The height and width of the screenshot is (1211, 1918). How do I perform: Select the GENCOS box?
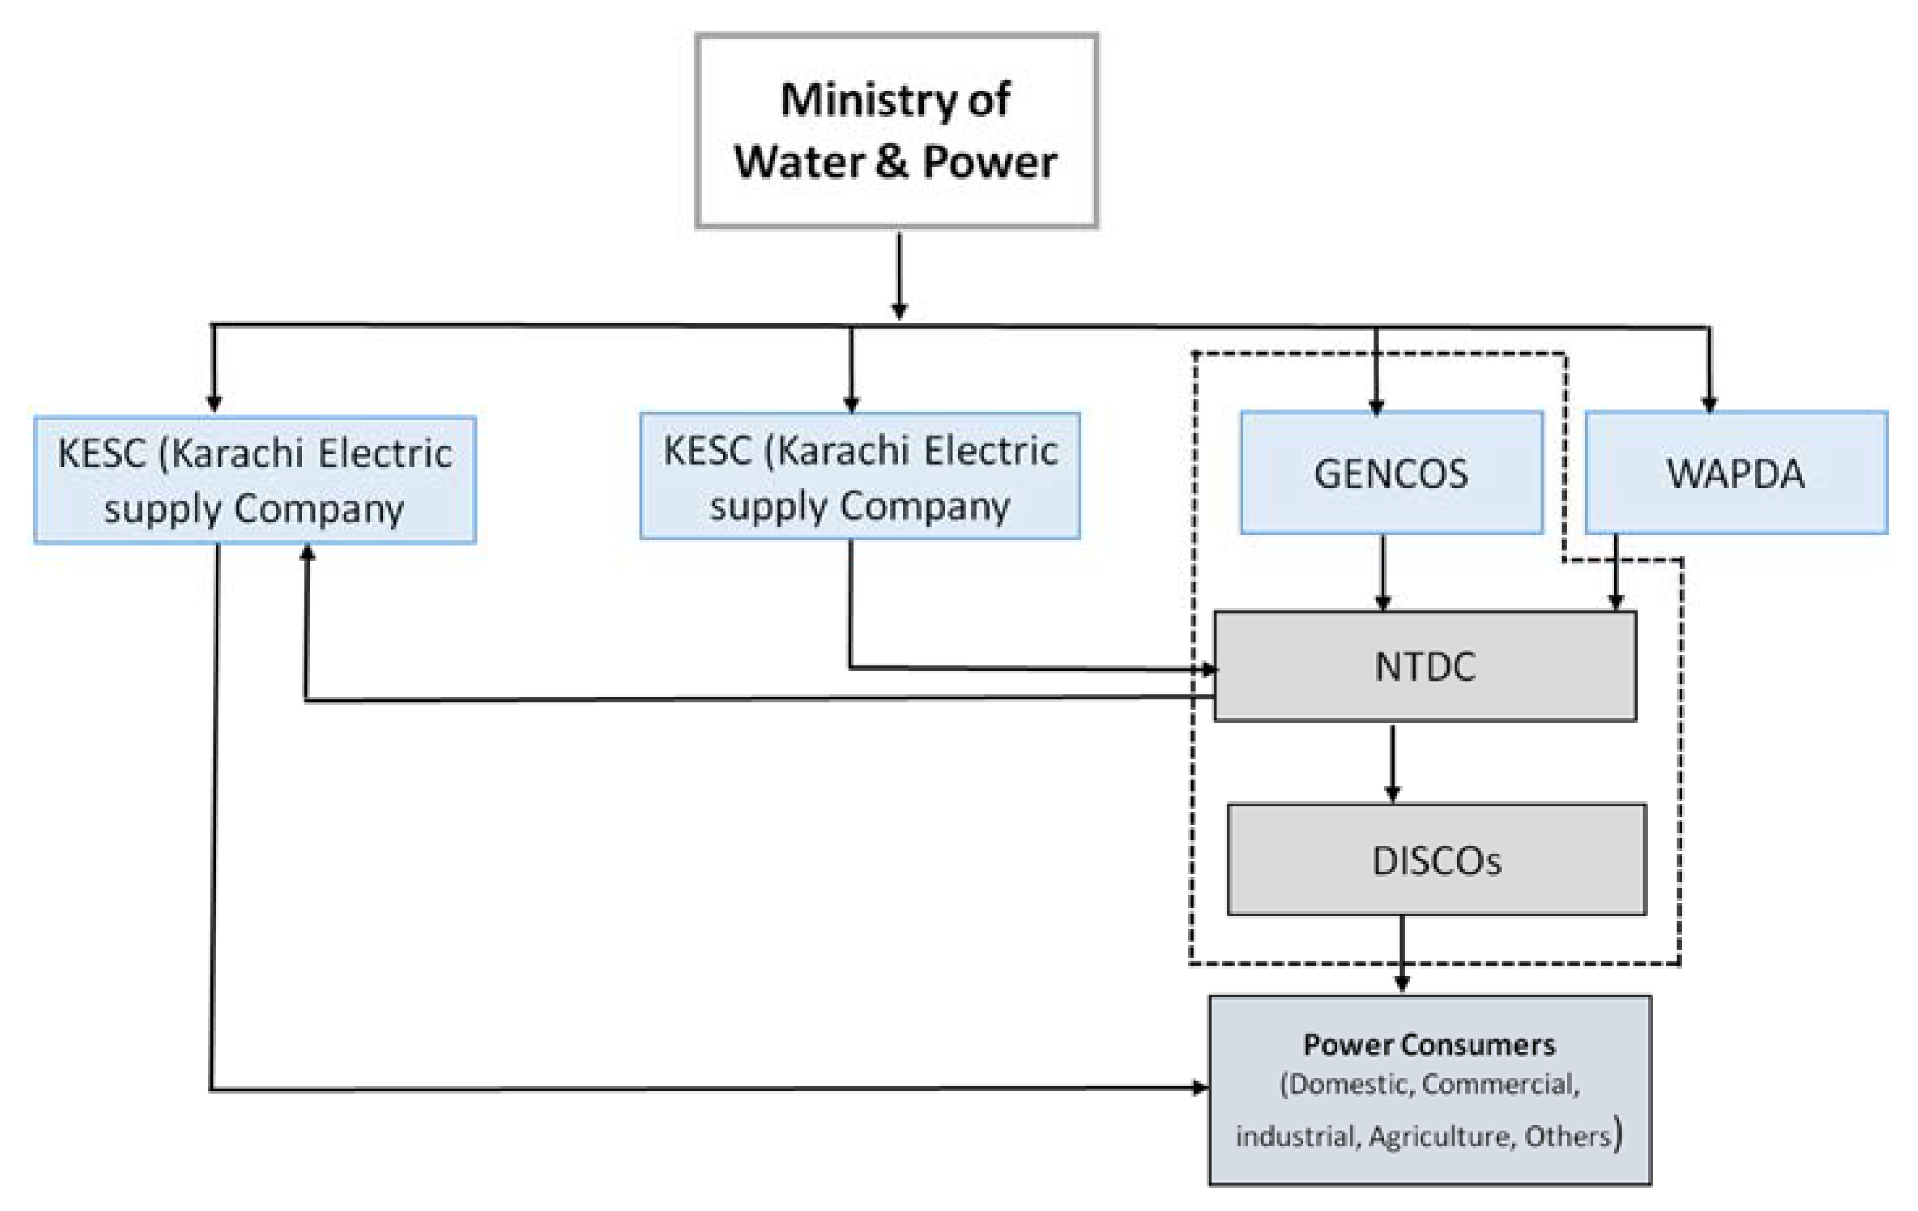(x=1391, y=473)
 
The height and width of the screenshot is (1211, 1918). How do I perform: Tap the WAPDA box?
(x=1736, y=473)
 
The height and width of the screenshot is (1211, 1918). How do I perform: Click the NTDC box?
(x=1425, y=666)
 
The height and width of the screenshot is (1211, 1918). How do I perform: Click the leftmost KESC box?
(x=255, y=480)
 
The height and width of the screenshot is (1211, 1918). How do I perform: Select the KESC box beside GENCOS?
(x=860, y=476)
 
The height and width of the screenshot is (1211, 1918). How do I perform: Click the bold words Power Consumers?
(x=1429, y=1044)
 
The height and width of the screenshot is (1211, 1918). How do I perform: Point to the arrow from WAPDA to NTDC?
(x=1616, y=572)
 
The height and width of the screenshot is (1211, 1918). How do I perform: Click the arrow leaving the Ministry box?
(x=900, y=275)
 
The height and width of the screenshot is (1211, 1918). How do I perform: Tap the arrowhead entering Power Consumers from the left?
(x=1199, y=1087)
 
